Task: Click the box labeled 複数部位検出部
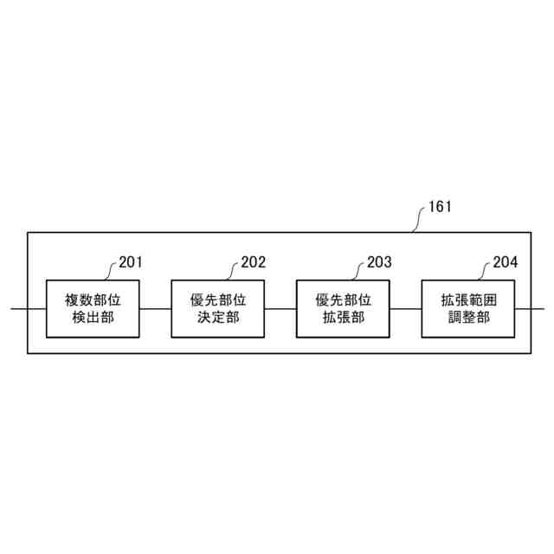[93, 308]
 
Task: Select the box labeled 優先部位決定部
[218, 308]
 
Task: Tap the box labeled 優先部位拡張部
[344, 308]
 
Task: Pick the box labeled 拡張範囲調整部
[468, 308]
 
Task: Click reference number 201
[131, 261]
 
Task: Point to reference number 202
[254, 261]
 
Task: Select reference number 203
[379, 261]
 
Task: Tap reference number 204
[505, 261]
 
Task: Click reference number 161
[440, 208]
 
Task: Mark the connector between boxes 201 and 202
[155, 308]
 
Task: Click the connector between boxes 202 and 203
[280, 308]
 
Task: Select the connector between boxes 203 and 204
[406, 308]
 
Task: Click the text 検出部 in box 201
[93, 317]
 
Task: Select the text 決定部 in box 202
[218, 317]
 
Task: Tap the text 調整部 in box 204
[468, 317]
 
